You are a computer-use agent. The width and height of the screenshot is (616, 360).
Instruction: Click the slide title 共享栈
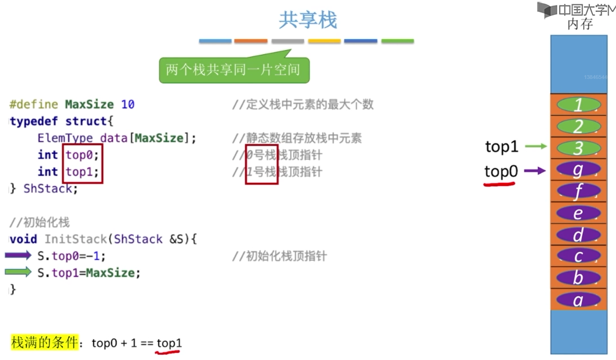coord(307,20)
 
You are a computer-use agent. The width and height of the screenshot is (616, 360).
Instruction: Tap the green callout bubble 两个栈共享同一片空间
coord(234,70)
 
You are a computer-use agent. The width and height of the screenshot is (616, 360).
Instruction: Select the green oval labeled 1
coord(578,105)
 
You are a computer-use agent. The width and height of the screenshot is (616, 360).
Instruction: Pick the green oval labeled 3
coord(578,148)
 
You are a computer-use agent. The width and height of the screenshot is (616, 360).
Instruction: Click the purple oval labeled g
coord(578,170)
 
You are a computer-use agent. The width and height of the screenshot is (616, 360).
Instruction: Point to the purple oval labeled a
coord(578,300)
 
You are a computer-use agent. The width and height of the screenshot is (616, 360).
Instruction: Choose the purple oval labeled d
coord(578,235)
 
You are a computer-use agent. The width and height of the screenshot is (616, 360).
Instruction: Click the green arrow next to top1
coord(536,146)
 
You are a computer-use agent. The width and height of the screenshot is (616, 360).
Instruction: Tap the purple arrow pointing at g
coord(535,171)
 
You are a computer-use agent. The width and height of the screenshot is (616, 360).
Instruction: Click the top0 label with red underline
coord(501,171)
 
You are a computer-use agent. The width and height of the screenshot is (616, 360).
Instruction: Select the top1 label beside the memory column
coord(502,147)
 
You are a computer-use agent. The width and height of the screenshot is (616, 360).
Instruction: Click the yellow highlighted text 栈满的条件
coord(44,342)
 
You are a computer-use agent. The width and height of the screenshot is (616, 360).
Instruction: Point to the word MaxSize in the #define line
coord(89,104)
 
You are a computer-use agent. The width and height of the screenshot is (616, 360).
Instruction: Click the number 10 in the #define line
coord(128,104)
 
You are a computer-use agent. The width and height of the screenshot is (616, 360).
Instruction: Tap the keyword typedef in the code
coord(34,121)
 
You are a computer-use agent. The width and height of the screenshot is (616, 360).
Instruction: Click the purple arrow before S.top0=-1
coord(18,256)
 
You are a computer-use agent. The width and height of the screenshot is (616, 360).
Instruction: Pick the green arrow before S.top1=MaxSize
coord(18,272)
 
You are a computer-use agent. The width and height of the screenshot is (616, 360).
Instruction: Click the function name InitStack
coord(76,239)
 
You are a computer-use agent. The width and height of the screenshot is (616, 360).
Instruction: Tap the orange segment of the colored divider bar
coord(251,41)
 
